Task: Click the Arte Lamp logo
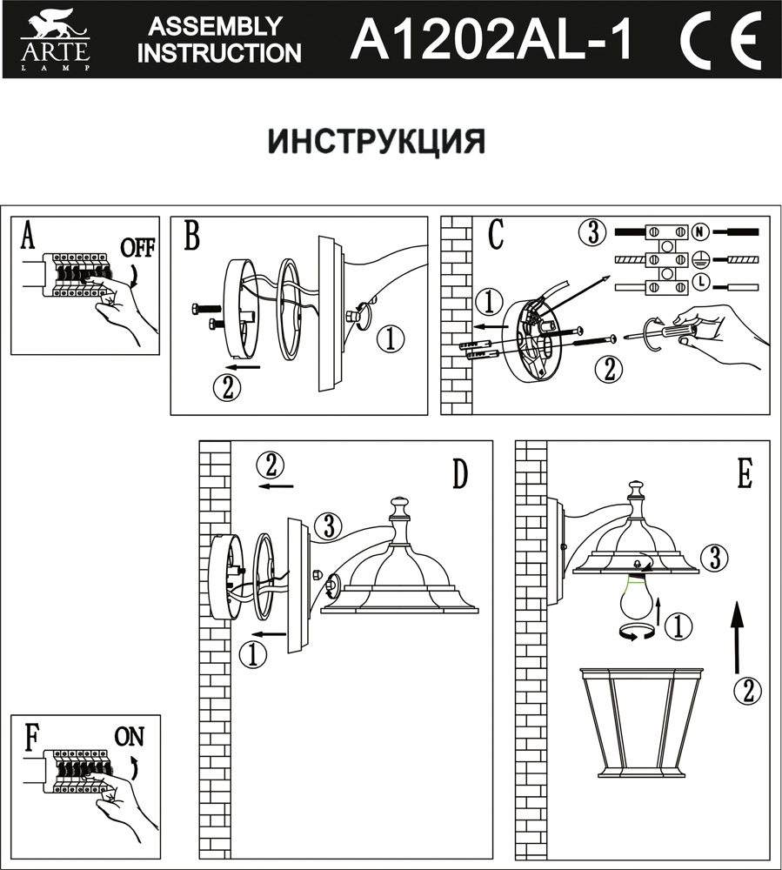[x=55, y=40]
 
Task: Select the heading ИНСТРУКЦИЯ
[x=376, y=140]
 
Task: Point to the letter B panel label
[x=193, y=236]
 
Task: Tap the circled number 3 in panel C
[x=592, y=233]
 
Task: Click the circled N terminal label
[x=700, y=232]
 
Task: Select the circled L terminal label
[x=700, y=282]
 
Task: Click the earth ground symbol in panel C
[x=700, y=258]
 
